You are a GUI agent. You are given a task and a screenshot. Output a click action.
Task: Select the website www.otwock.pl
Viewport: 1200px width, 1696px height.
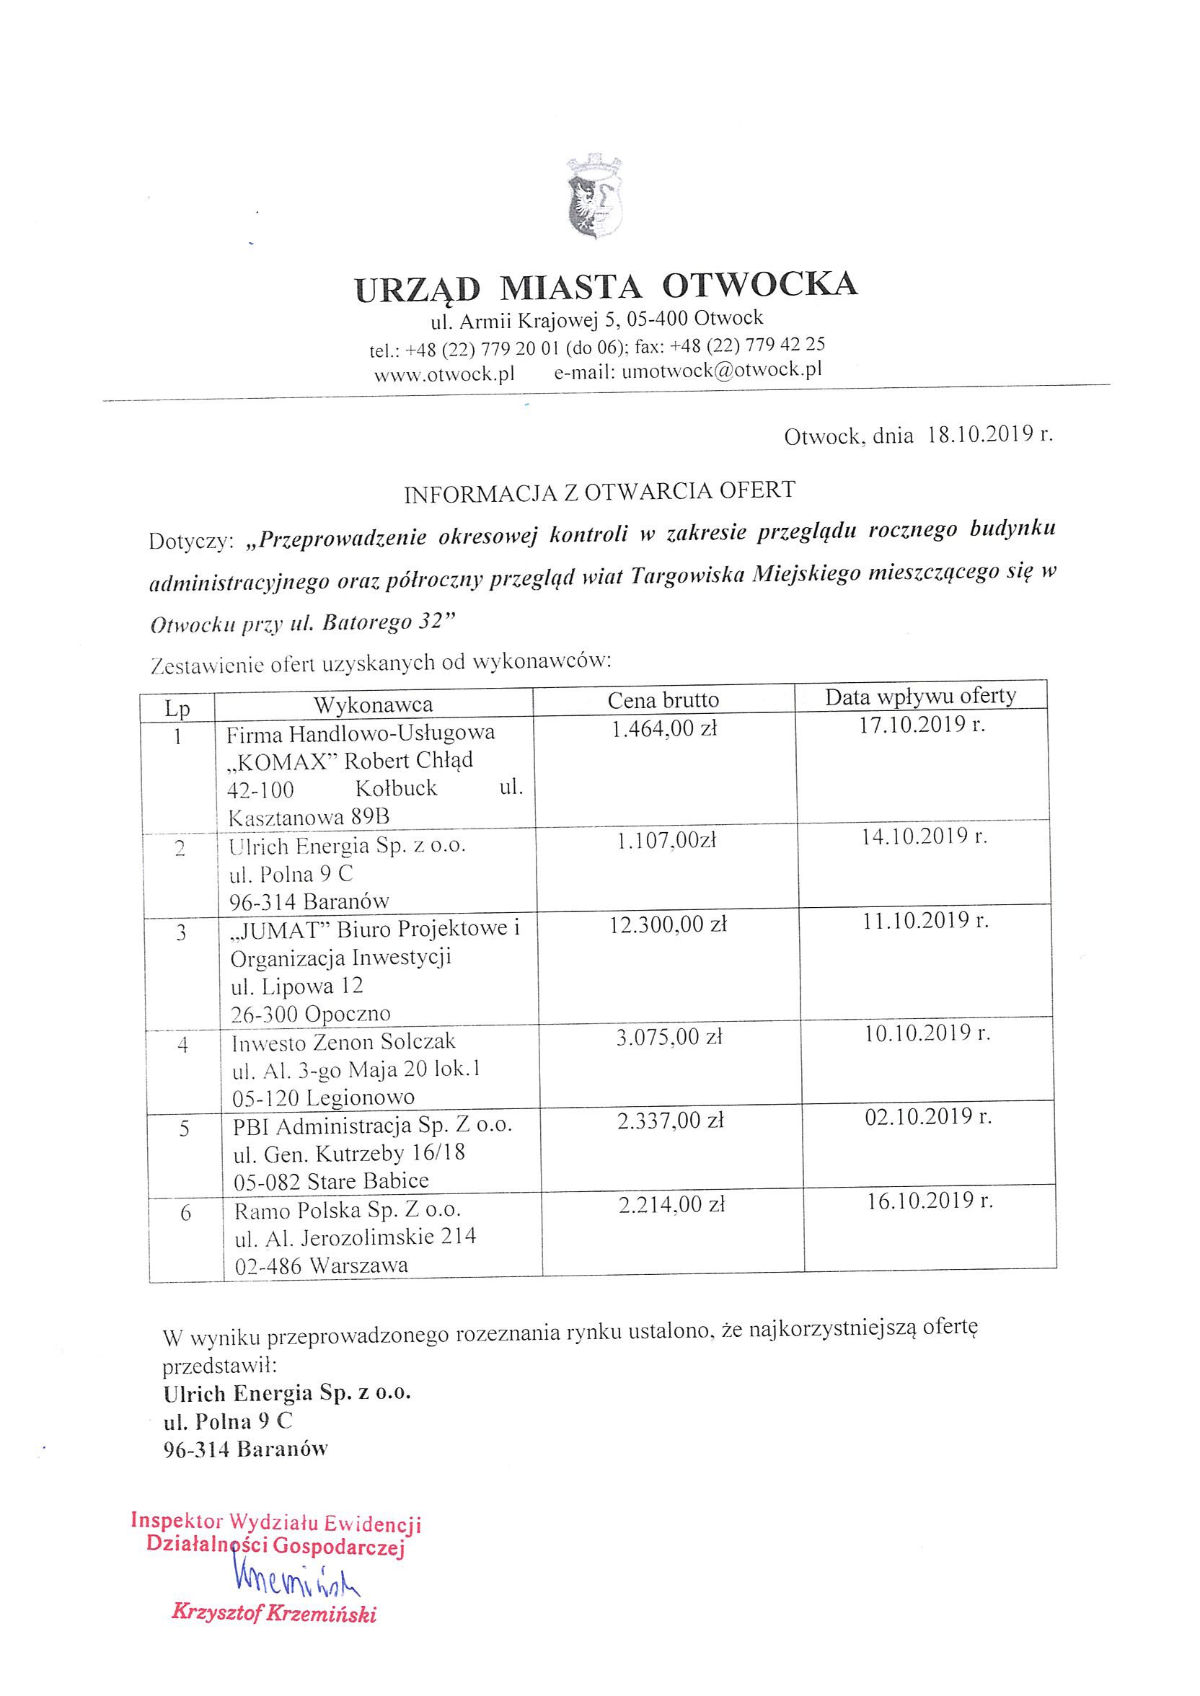click(x=444, y=374)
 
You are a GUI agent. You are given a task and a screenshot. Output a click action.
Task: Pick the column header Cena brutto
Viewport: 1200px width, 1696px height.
click(x=663, y=699)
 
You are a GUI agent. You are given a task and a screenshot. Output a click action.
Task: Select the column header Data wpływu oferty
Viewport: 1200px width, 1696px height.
click(x=921, y=696)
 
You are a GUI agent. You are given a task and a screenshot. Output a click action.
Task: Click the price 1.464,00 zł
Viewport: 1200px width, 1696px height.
click(x=665, y=728)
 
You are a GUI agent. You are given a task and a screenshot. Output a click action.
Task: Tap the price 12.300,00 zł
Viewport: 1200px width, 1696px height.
click(x=668, y=924)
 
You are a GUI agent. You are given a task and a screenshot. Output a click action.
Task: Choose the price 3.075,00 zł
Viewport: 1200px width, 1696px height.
click(x=669, y=1037)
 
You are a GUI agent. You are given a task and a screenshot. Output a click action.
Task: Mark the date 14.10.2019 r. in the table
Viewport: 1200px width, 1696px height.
click(x=925, y=837)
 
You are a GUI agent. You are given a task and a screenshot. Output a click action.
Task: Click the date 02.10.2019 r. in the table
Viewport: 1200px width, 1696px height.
click(x=928, y=1116)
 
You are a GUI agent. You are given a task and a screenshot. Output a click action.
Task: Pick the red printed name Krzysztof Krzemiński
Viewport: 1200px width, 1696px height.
click(x=274, y=1612)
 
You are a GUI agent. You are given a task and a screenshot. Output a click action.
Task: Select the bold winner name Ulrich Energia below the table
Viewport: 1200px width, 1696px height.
click(x=238, y=1393)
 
